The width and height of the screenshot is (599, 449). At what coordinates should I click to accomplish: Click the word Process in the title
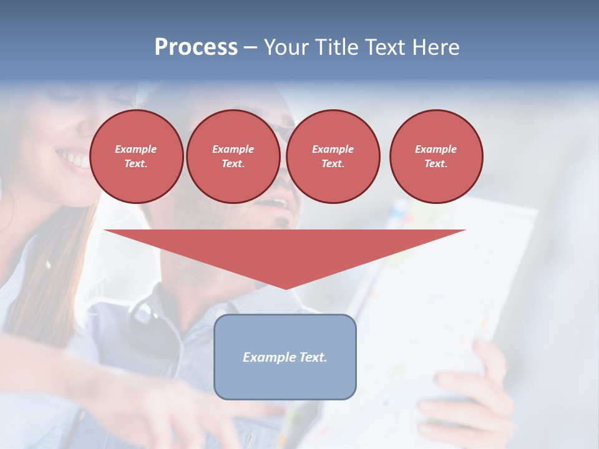tap(196, 47)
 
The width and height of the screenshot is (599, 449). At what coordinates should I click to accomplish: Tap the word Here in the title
tap(437, 47)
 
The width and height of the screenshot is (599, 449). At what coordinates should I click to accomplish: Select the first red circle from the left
tap(137, 157)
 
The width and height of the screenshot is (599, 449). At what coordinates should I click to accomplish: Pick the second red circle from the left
tap(233, 157)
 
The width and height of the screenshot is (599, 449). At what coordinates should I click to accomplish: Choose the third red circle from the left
tap(333, 157)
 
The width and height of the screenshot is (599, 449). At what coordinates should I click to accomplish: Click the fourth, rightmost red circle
tap(436, 157)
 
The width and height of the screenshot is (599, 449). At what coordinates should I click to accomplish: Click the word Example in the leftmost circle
tap(136, 149)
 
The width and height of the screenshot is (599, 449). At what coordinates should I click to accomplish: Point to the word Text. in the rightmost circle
tap(436, 164)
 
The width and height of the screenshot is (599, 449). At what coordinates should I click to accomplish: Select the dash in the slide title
tap(250, 47)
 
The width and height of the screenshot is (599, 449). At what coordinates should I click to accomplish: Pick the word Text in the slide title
tap(386, 47)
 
